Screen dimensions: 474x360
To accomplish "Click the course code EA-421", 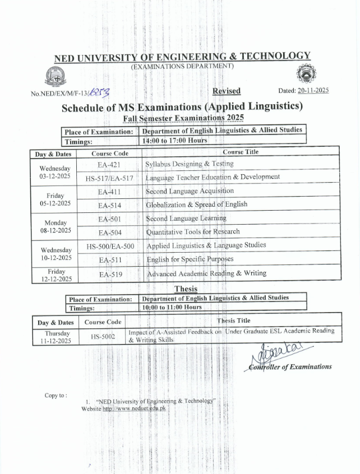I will (x=109, y=164).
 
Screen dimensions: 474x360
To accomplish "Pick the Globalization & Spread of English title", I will (x=196, y=204).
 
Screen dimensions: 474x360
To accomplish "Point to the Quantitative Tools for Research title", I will (x=193, y=231).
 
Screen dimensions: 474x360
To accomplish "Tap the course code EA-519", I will (x=110, y=275).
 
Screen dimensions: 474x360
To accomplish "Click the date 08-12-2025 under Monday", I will (x=56, y=230).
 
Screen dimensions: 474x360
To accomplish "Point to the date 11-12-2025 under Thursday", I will (x=56, y=340).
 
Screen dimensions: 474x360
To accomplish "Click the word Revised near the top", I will (x=227, y=91).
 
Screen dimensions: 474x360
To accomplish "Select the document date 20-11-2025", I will (x=313, y=90).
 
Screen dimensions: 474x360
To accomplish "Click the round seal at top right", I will (x=306, y=76).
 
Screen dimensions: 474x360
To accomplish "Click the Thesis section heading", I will (x=186, y=289).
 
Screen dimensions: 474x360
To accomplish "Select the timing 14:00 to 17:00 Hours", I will (x=175, y=140).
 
